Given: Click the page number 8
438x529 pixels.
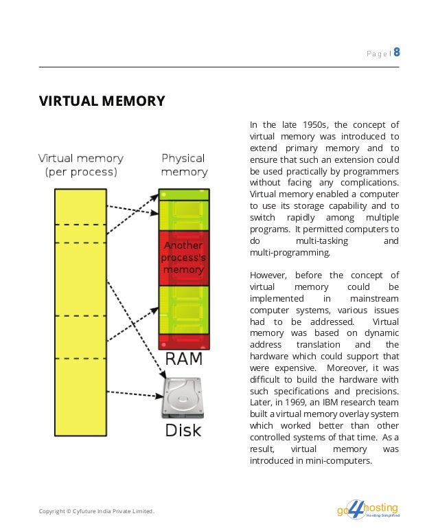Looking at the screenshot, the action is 397,52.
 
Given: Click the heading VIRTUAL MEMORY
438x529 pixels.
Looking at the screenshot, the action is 102,102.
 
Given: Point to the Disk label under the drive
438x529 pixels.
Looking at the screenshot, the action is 183,431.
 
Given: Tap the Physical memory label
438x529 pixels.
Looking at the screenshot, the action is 184,165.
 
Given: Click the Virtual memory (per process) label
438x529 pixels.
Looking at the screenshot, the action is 80,165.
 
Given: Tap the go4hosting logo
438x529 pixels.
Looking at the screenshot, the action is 367,510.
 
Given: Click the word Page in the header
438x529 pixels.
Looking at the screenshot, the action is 376,53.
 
